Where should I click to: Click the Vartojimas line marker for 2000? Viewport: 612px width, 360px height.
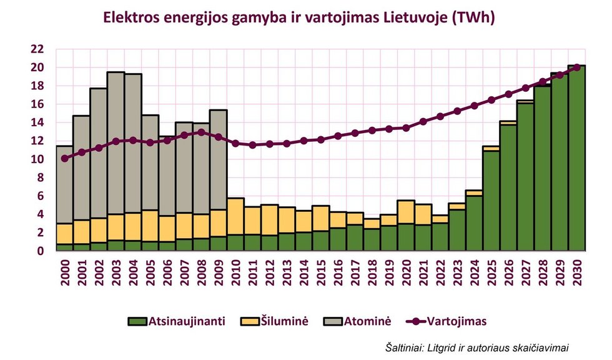point(65,159)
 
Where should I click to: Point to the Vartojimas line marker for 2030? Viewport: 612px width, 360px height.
point(576,67)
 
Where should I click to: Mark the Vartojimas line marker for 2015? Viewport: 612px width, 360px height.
point(320,139)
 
